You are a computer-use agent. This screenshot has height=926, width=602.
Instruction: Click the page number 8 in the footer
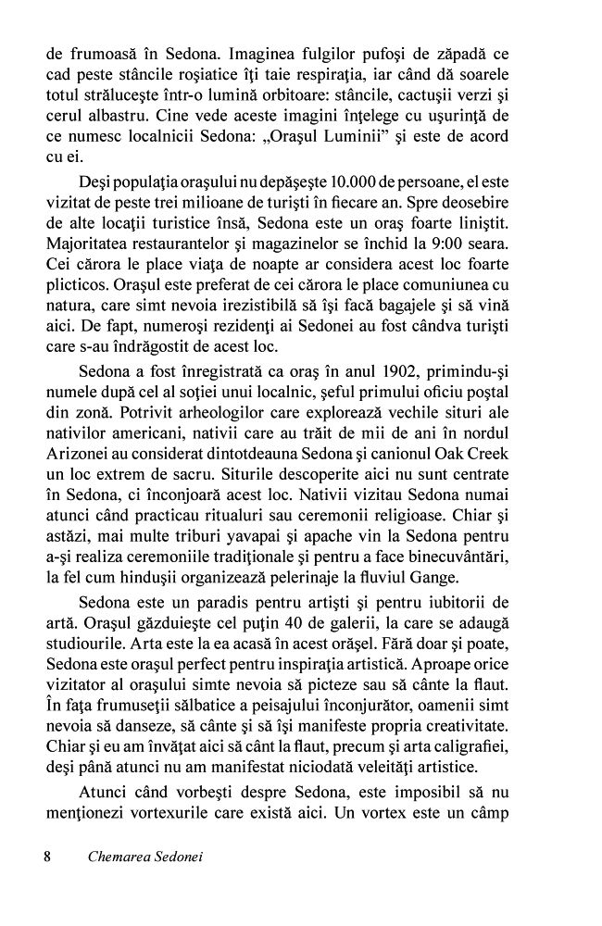point(47,857)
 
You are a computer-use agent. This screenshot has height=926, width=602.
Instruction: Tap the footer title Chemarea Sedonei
point(144,857)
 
